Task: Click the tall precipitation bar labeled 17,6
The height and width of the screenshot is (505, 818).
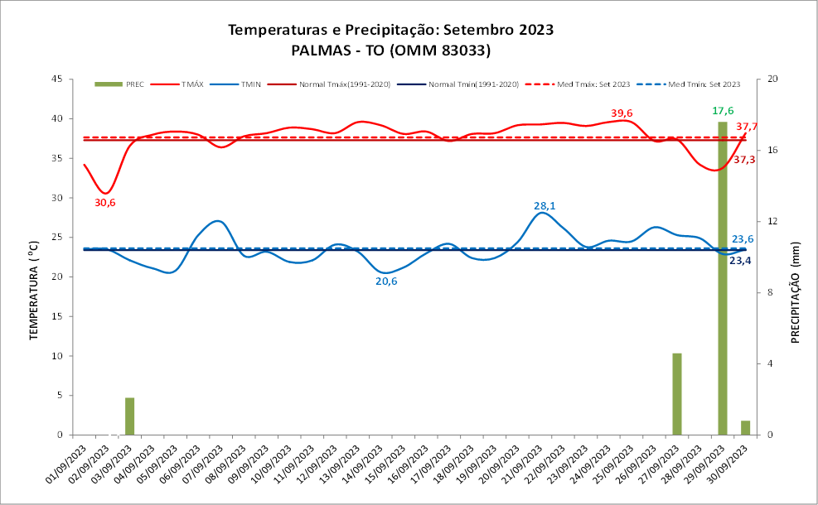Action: coord(722,277)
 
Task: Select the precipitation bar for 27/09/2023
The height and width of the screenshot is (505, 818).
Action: coord(676,393)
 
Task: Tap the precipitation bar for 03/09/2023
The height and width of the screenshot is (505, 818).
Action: coord(129,416)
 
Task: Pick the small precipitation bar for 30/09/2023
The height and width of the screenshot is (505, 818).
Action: coord(745,427)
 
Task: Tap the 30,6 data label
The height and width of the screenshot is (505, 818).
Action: coord(105,203)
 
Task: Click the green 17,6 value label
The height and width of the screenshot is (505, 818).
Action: coord(723,111)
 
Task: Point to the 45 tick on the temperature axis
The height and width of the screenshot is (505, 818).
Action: coord(58,79)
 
